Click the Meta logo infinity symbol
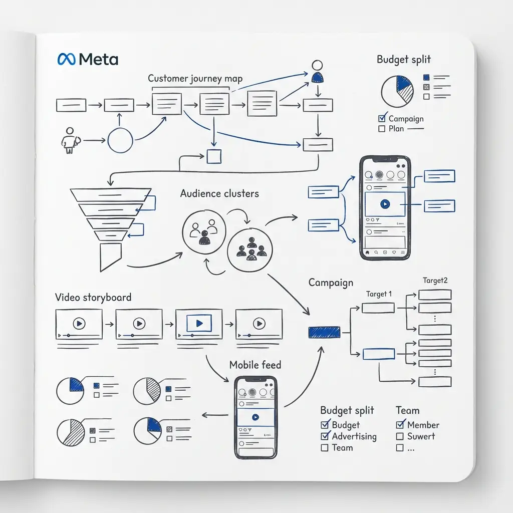[x=67, y=60]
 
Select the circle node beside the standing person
[x=120, y=140]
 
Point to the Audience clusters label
[x=219, y=193]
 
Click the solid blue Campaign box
[x=324, y=332]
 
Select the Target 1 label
[x=379, y=294]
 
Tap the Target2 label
[x=435, y=281]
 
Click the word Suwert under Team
[x=421, y=436]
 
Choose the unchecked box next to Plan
[x=382, y=129]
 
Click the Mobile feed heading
[x=255, y=365]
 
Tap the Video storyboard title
[x=93, y=298]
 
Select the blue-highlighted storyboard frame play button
[x=199, y=324]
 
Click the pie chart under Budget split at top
[x=397, y=91]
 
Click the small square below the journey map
[x=214, y=156]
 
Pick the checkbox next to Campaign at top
[x=382, y=119]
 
